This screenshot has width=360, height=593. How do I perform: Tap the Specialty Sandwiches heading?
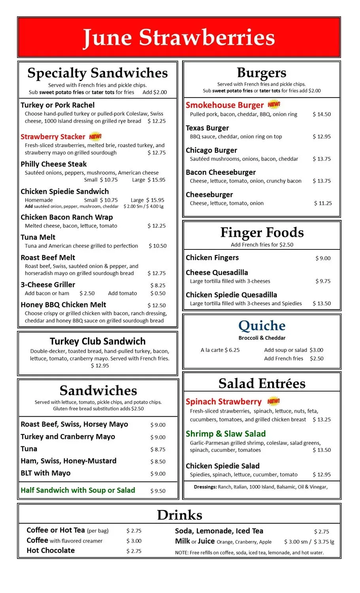pos(98,73)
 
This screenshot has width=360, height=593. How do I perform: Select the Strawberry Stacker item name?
pos(53,137)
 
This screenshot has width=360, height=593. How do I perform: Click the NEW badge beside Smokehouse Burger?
pos(274,105)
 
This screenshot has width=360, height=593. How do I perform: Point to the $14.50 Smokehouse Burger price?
pos(322,114)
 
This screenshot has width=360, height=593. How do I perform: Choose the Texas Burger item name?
pos(207,128)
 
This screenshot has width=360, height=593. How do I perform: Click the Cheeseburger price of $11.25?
pos(323,203)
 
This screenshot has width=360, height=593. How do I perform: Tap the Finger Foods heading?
pos(262,232)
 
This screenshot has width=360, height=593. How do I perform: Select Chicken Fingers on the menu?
pos(212,258)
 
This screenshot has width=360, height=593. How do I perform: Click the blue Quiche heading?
pos(262,326)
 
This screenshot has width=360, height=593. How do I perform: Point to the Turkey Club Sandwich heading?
pos(98,342)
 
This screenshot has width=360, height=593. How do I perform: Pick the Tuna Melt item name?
pos(38,237)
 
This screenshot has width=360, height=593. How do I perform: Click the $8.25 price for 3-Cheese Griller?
pos(158,285)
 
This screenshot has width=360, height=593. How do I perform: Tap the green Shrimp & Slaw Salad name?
pos(226,434)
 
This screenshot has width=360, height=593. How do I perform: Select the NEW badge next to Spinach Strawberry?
pos(273,401)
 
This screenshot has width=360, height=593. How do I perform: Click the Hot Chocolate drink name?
pos(51,550)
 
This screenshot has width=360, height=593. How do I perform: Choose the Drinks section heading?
pos(179,515)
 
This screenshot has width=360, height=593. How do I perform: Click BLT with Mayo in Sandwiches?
pos(45,473)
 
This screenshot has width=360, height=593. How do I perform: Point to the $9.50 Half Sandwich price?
pos(158,491)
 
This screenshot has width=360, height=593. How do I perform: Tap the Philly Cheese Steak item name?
pos(54,164)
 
